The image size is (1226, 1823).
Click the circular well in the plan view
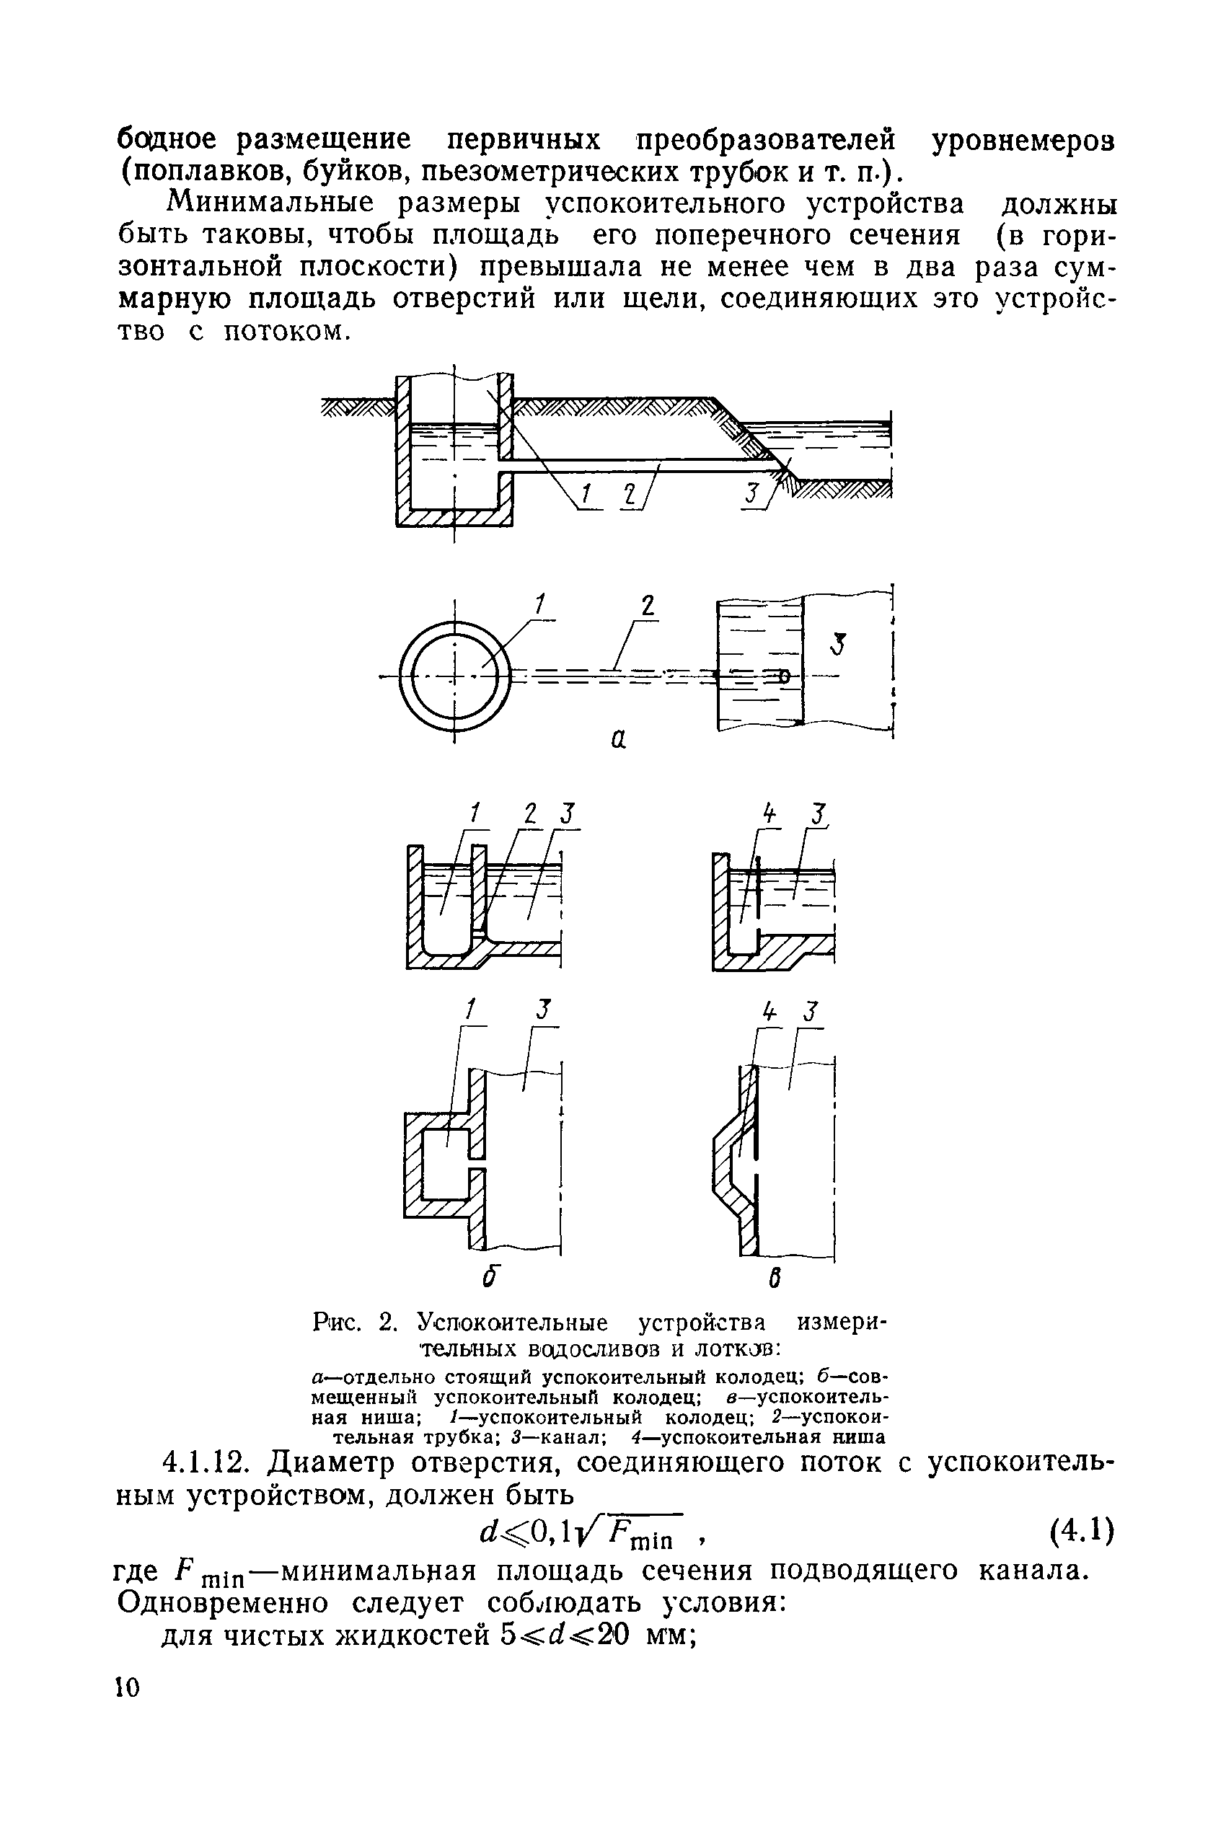(x=455, y=674)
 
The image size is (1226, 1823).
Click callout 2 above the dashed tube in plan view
(x=648, y=606)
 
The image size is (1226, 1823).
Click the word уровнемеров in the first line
(x=1022, y=141)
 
